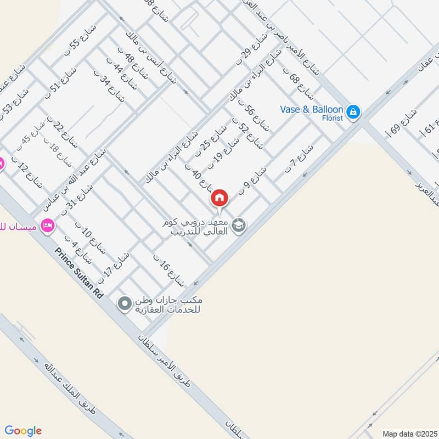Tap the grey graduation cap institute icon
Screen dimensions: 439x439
(239, 224)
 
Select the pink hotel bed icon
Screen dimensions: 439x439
(47, 226)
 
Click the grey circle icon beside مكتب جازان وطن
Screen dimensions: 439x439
(125, 303)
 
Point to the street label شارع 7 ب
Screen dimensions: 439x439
(299, 159)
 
